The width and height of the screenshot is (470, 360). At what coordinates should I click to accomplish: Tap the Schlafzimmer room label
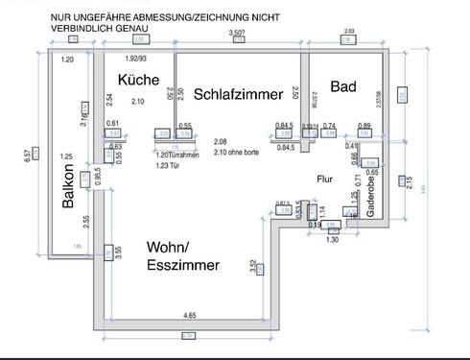coord(239,94)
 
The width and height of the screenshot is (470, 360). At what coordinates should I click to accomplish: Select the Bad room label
coord(343,86)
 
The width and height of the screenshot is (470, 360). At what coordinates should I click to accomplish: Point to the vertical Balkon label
coord(68,192)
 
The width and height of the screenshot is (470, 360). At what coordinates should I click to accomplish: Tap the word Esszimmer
coord(182,265)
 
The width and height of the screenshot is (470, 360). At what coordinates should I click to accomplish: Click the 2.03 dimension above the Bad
coord(348,32)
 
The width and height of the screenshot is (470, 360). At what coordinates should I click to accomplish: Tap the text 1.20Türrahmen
coord(176,154)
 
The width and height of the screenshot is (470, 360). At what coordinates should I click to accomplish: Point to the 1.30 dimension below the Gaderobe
coord(333,239)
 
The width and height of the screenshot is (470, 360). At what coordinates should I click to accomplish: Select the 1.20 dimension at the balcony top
coord(67,60)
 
